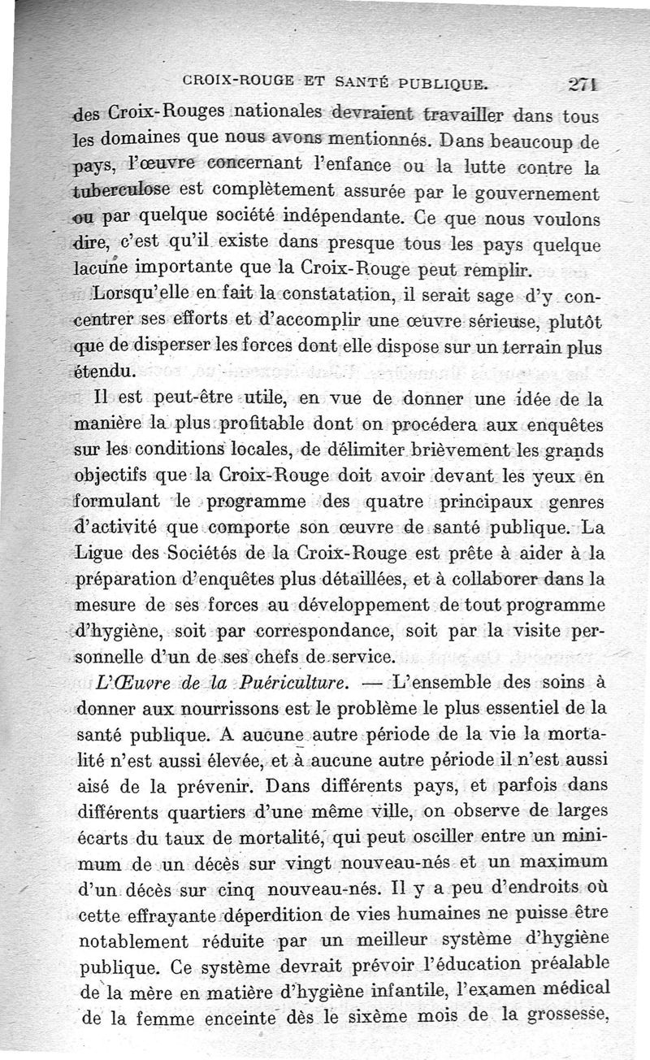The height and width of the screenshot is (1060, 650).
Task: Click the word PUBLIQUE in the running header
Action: pos(441,82)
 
